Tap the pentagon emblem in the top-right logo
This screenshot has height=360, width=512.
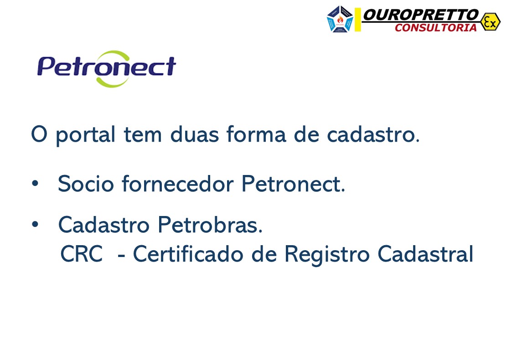[x=340, y=19]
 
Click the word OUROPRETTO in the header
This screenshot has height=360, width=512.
[x=421, y=15]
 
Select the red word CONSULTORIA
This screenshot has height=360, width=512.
[x=435, y=28]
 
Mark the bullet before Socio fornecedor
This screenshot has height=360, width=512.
[x=35, y=185]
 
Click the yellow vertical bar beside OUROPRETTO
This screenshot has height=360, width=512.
[x=358, y=20]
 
